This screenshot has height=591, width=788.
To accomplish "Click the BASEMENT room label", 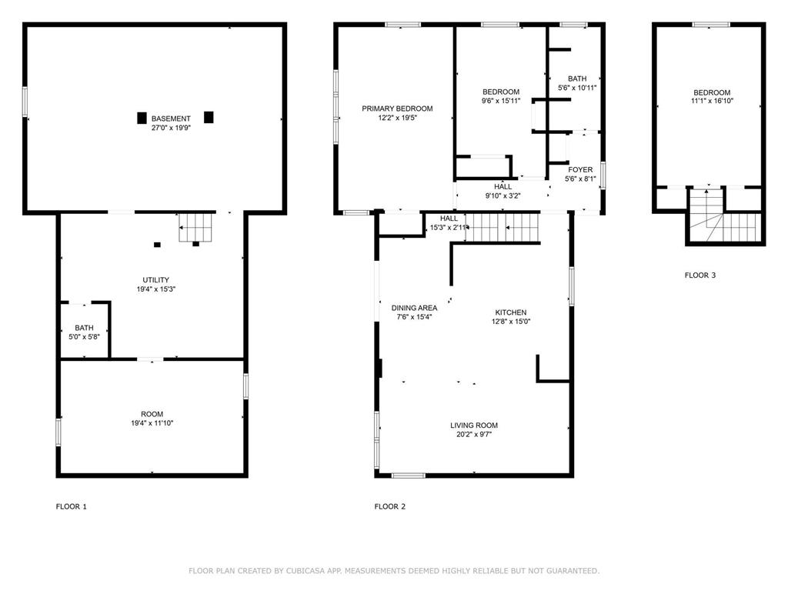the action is tap(171, 119).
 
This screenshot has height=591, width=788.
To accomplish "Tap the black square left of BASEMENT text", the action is tap(142, 118).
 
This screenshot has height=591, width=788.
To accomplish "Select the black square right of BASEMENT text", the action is tap(209, 117).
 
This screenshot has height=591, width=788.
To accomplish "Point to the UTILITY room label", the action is tap(155, 280).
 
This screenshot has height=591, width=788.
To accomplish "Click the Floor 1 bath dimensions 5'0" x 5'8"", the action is tap(84, 337).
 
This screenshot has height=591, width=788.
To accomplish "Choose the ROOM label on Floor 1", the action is tap(152, 414).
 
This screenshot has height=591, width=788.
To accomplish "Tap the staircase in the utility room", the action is tap(196, 228).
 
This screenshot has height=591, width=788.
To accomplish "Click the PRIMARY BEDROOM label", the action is tap(397, 109).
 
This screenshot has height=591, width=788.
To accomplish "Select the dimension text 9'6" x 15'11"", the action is tap(500, 101).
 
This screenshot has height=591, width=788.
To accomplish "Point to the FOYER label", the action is tap(580, 170).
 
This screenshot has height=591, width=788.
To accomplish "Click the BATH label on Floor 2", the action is tap(577, 78).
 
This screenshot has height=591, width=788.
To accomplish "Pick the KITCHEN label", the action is tap(511, 312).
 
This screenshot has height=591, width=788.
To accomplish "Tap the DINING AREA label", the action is tap(414, 308).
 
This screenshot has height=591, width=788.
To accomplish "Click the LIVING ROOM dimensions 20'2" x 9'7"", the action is tap(474, 434).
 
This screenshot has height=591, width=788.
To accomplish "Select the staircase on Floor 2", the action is tap(503, 228).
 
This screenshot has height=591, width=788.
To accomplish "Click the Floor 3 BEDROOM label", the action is tap(712, 92).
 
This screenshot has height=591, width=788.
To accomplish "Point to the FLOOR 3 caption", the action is tap(700, 275).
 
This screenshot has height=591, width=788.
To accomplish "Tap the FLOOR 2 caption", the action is tap(390, 506).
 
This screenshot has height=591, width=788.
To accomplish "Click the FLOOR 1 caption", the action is tap(72, 506).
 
